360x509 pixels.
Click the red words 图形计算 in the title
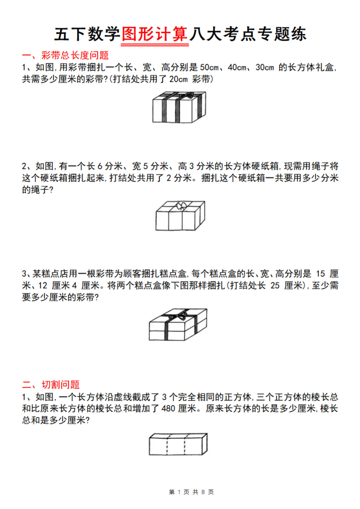point(155,34)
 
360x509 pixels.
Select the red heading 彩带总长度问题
point(75,55)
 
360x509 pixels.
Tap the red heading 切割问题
point(60,384)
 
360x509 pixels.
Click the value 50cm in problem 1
point(209,67)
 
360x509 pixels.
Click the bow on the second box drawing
point(180,206)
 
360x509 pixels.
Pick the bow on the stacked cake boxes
point(178,316)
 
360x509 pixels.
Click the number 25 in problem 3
point(275,286)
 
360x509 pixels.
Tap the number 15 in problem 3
point(320,274)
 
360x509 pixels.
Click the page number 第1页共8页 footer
point(191,492)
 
